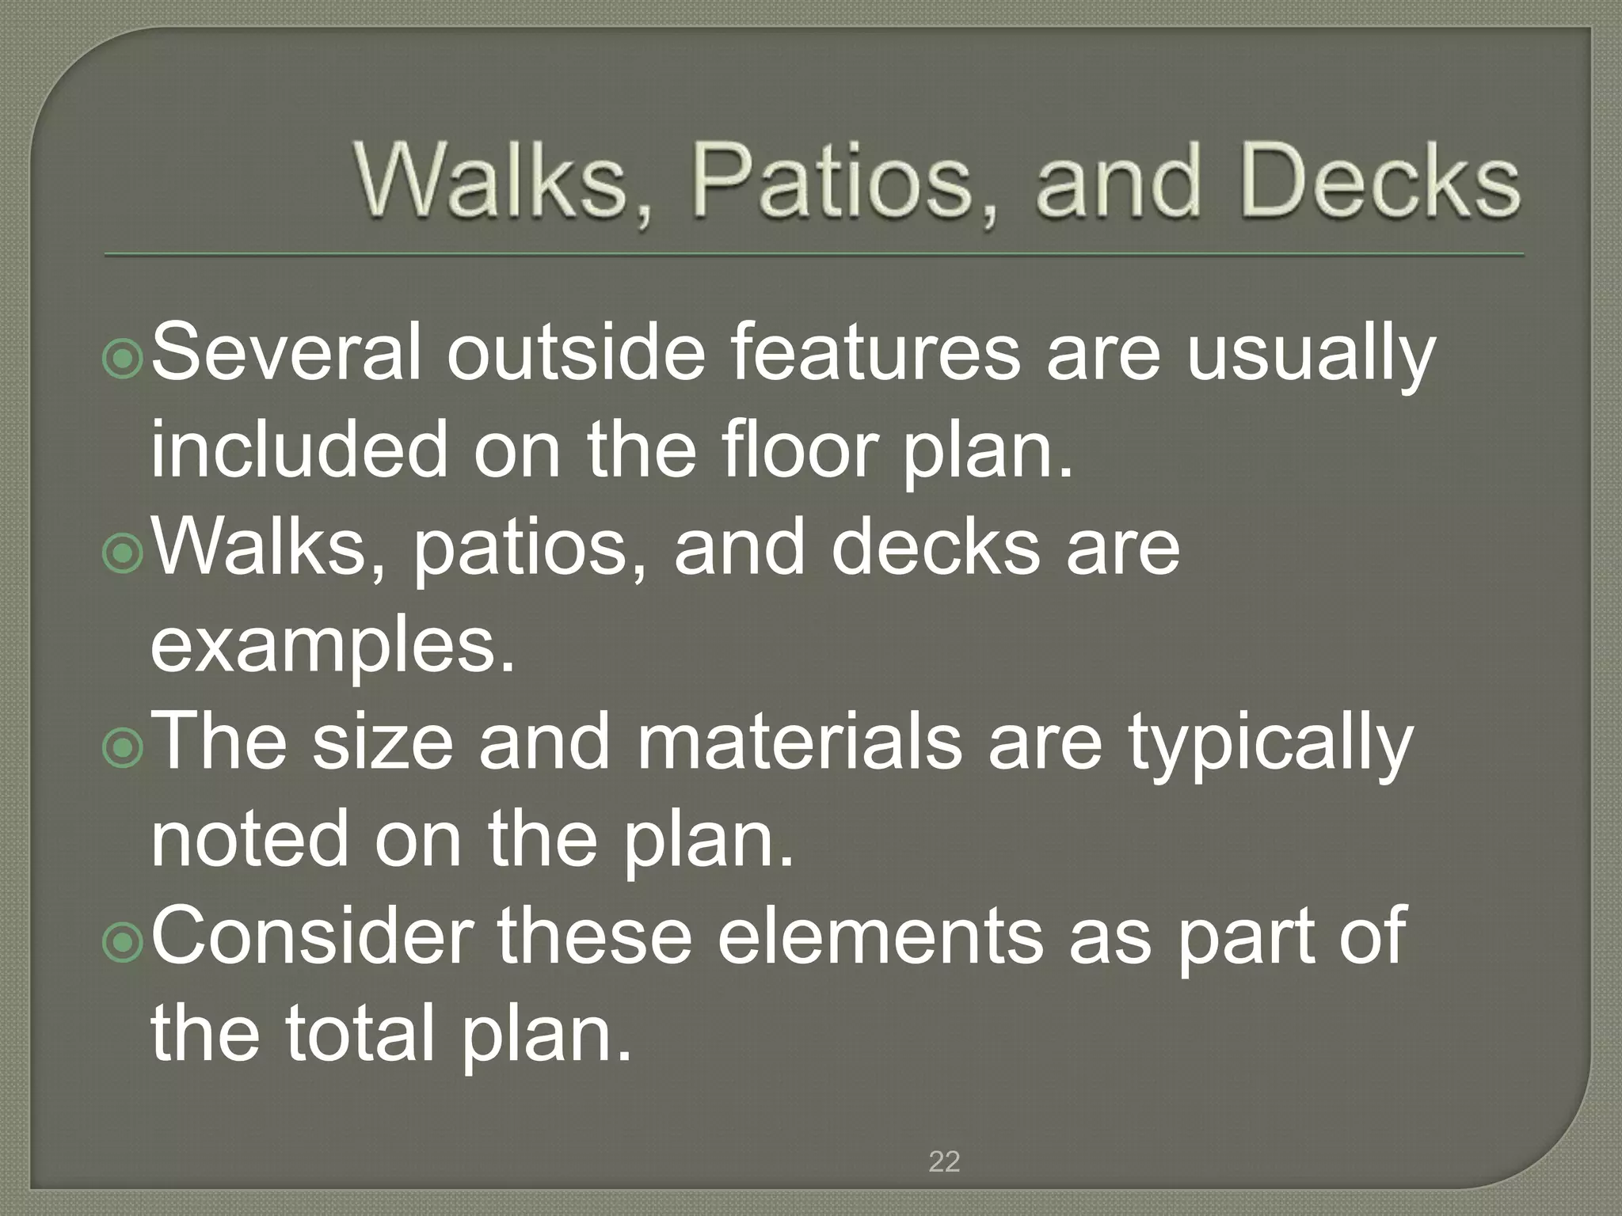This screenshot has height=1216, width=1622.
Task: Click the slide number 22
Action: (x=944, y=1161)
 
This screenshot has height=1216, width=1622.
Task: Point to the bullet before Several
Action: (x=123, y=360)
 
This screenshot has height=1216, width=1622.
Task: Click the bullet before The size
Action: (x=123, y=750)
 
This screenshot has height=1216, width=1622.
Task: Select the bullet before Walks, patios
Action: (x=123, y=555)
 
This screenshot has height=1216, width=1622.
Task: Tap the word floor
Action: (x=803, y=450)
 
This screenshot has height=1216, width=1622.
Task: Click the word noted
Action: (x=250, y=840)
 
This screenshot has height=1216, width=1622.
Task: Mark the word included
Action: (x=299, y=450)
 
